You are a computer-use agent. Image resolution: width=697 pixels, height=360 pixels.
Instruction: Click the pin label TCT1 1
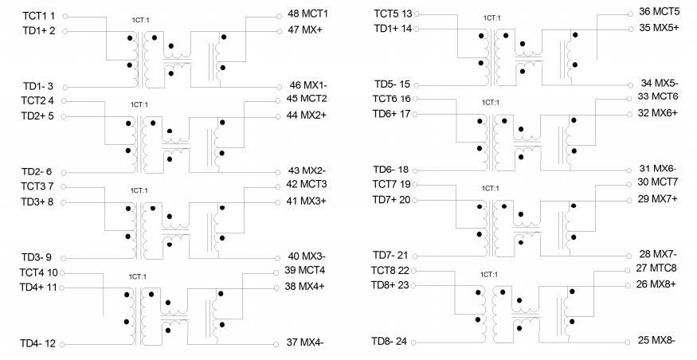pos(39,16)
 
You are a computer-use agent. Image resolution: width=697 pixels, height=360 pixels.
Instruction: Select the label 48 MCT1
pos(307,14)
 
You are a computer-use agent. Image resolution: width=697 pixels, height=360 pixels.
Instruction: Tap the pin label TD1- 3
pos(38,86)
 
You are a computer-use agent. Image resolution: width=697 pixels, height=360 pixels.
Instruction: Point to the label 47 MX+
pos(305,29)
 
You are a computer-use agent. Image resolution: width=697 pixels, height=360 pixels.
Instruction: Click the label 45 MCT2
pos(307,98)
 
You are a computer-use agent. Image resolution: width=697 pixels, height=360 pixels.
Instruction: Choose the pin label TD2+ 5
pos(37,116)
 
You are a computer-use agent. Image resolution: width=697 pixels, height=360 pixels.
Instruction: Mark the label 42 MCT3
pos(307,184)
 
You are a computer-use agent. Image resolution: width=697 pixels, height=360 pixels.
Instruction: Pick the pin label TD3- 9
pos(37,257)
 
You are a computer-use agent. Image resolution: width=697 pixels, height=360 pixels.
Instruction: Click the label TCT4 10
pos(39,272)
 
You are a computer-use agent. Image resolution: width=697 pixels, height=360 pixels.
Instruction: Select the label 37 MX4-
pos(305,342)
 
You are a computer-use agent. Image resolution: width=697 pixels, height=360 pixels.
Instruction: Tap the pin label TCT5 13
pos(393,14)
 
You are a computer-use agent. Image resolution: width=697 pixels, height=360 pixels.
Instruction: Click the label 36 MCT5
pos(660,11)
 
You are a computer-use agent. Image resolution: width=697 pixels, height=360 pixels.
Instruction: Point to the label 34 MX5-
pos(660,83)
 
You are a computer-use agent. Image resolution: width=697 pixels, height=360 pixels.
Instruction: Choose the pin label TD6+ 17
pos(392,114)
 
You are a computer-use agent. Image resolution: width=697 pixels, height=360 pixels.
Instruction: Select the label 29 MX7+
pos(657,198)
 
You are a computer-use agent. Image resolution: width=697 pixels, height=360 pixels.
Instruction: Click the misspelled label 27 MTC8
pos(656,268)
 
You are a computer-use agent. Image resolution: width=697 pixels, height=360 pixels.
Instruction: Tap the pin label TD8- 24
pos(389,342)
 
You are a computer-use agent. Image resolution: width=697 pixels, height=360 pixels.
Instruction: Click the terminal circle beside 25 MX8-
pos(628,342)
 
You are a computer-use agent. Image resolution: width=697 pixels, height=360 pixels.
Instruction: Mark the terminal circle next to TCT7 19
pos(415,185)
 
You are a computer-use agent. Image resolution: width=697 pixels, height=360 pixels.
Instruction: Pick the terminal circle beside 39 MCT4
pos(276,273)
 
